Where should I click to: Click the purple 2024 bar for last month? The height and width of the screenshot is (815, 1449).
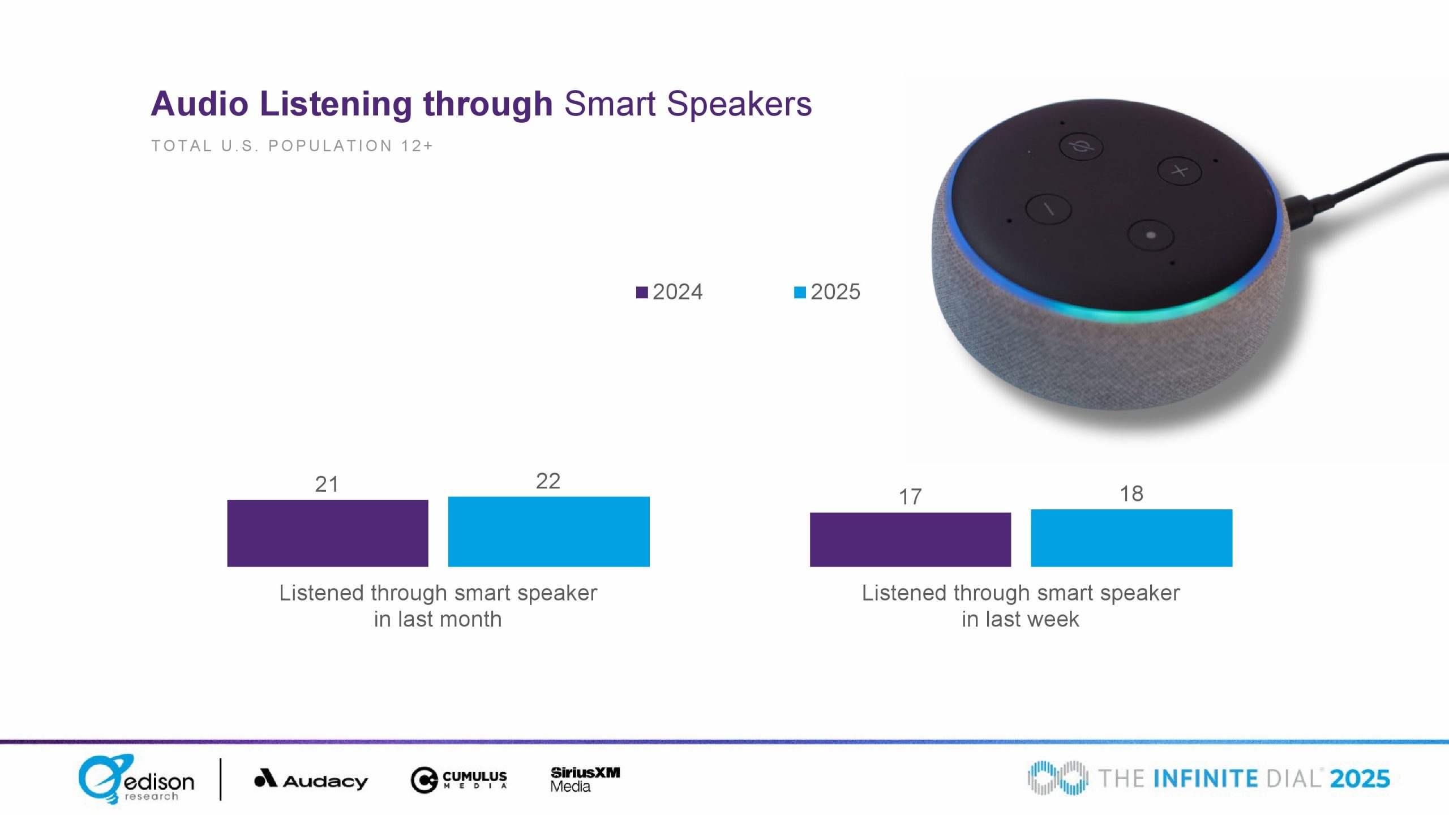click(328, 533)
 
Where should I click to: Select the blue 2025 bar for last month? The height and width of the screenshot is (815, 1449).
click(548, 531)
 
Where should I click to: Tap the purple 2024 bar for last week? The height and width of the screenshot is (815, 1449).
click(910, 539)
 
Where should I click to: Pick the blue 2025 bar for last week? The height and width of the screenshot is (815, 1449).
click(1131, 538)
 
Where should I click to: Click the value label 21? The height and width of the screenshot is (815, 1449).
click(327, 484)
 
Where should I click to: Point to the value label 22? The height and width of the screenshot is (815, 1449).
click(548, 481)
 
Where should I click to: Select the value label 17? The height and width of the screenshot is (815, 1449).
click(910, 497)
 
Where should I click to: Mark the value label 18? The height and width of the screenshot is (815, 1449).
click(1131, 494)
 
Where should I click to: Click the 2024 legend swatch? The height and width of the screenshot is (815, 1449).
click(642, 292)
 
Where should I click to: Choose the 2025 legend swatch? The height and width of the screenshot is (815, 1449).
click(800, 292)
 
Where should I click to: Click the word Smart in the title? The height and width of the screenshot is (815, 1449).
click(610, 104)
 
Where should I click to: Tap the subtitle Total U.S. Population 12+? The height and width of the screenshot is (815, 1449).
click(292, 146)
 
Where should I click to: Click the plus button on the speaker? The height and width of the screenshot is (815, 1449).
click(1179, 170)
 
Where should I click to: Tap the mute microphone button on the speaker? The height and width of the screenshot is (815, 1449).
click(1081, 147)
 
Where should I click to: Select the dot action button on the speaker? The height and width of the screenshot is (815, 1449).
click(1150, 235)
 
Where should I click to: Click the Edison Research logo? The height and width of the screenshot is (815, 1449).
click(136, 779)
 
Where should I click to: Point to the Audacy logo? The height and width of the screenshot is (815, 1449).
click(311, 779)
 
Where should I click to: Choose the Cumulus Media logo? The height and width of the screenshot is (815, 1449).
click(458, 780)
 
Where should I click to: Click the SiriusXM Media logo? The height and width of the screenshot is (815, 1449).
click(585, 779)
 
